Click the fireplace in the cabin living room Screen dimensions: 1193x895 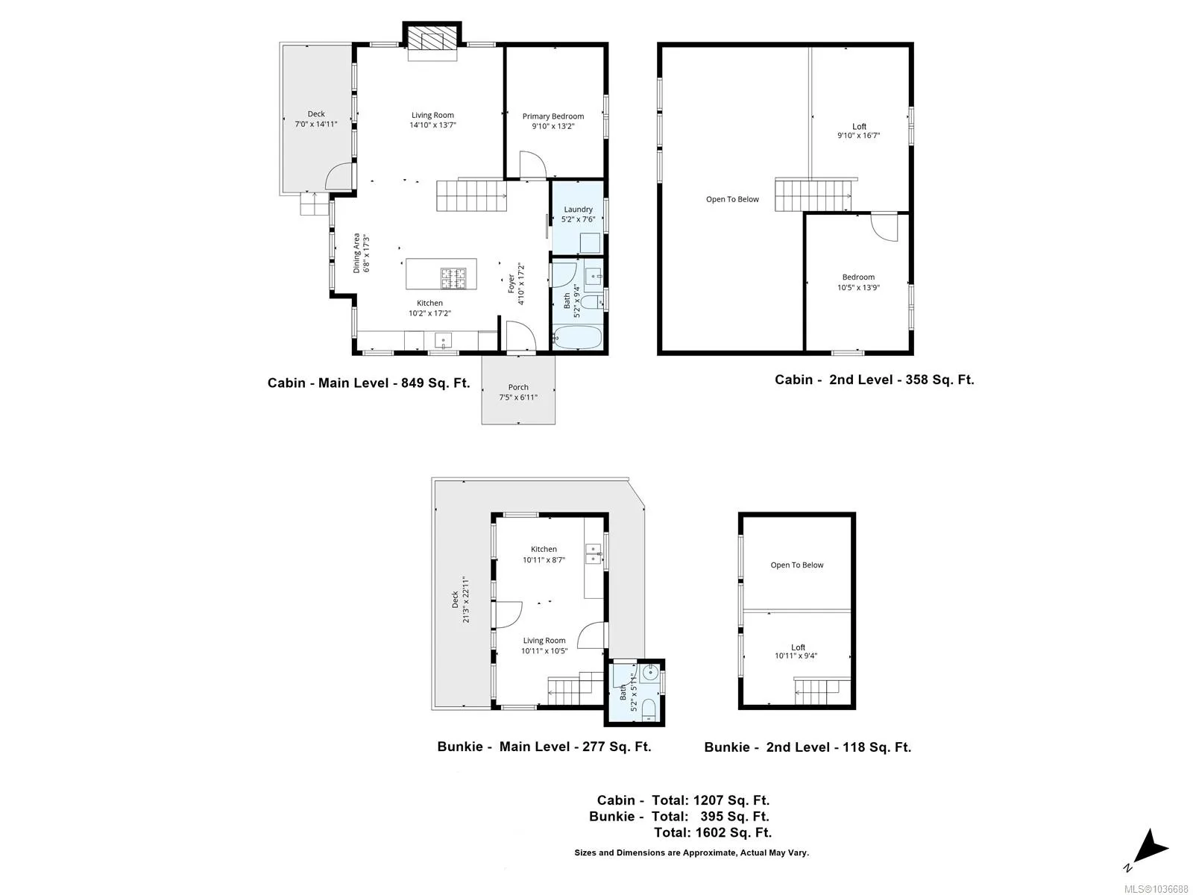tap(432, 41)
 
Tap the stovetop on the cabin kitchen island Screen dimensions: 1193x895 tap(453, 278)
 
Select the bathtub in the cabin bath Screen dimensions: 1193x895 tap(577, 337)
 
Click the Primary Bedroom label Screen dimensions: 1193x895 tap(553, 116)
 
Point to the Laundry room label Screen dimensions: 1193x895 tap(578, 210)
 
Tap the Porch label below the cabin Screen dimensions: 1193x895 tap(518, 387)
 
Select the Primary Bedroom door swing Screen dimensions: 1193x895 tap(532, 164)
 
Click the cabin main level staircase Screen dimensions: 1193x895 tap(471, 195)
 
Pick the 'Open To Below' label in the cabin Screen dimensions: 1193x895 tap(731, 199)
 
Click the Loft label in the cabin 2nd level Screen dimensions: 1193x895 tap(859, 126)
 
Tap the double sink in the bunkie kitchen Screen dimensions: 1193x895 tap(593, 553)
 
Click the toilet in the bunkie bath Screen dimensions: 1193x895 tap(648, 710)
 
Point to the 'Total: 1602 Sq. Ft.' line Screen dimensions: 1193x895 tap(713, 832)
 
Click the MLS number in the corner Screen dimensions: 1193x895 tap(1156, 889)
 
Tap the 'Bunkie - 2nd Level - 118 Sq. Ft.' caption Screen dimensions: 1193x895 tap(807, 748)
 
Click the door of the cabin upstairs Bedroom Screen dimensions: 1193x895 tap(884, 227)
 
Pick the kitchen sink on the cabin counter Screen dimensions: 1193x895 tap(443, 341)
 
